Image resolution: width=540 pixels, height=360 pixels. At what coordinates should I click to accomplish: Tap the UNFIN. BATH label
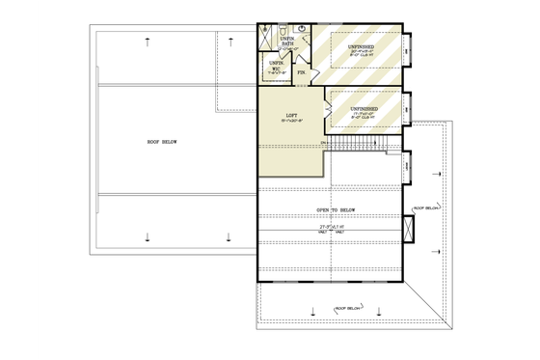point(287,42)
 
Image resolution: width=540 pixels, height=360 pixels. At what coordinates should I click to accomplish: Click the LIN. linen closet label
point(302,72)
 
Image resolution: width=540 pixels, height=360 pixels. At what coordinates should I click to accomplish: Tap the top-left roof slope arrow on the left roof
point(147,41)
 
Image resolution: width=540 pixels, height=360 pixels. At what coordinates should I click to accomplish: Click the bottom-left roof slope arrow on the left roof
point(147,236)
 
